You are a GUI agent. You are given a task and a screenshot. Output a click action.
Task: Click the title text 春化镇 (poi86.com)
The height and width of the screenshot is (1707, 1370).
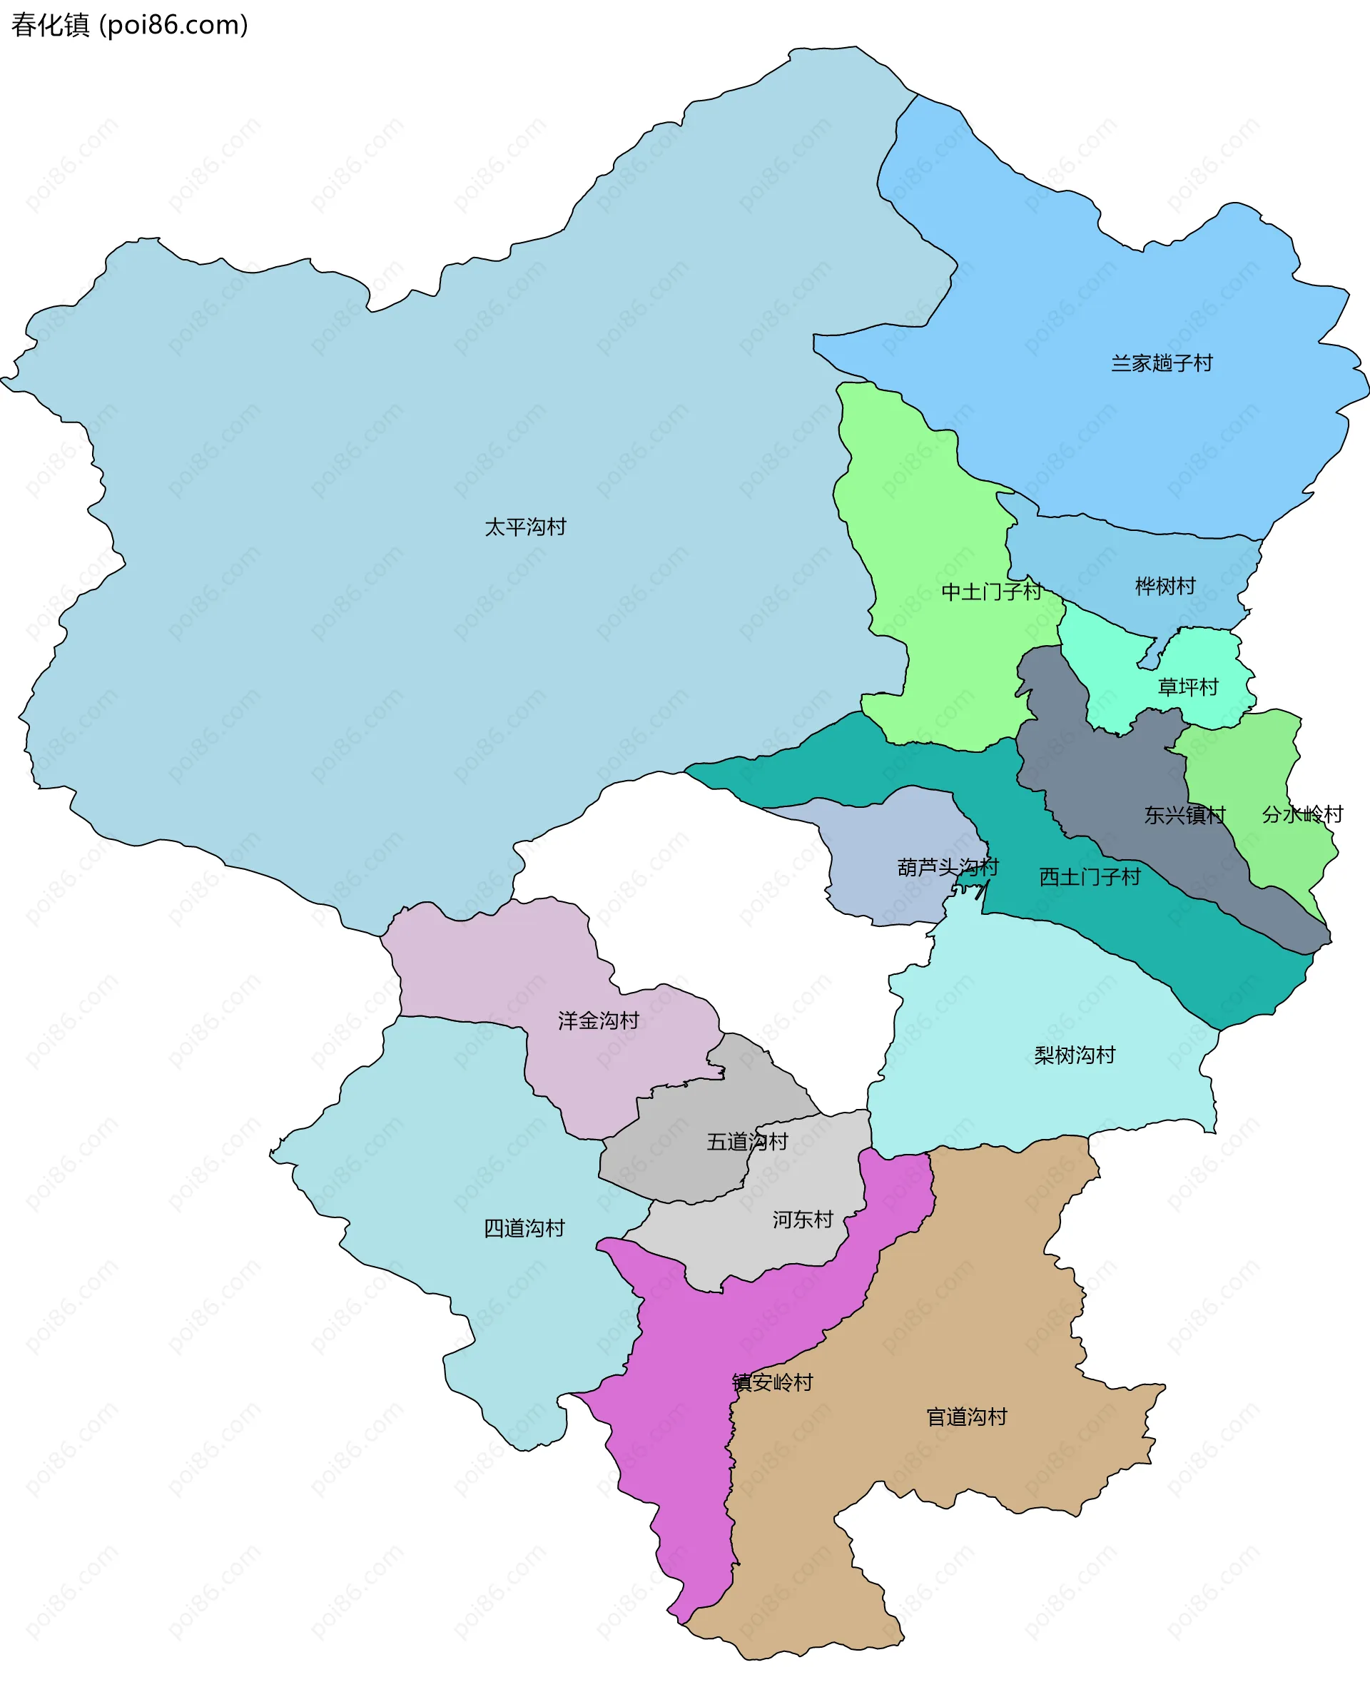(x=129, y=26)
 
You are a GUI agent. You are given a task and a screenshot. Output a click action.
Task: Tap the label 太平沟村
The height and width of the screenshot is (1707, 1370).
(x=524, y=527)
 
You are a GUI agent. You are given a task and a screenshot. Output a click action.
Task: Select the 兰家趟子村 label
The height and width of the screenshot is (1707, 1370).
(x=1161, y=363)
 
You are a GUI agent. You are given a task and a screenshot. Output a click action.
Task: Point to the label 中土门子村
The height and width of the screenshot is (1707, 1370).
(x=991, y=592)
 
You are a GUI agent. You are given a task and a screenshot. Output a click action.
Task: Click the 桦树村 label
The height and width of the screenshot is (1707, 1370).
(x=1164, y=586)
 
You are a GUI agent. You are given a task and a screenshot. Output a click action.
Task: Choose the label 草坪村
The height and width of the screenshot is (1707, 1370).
(x=1187, y=687)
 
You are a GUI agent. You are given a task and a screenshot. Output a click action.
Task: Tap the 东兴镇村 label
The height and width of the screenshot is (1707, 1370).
(x=1184, y=815)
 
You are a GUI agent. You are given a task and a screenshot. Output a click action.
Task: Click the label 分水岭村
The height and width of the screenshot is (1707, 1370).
(x=1302, y=814)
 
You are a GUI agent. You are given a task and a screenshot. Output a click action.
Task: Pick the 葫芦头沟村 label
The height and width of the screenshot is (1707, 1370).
(x=948, y=867)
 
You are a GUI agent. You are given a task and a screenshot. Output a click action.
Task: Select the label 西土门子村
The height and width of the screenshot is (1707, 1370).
(x=1089, y=876)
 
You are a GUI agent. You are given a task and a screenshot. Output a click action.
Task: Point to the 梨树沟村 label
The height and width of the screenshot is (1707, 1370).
(x=1074, y=1055)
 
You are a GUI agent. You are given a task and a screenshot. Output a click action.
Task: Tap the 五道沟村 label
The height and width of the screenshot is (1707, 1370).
(x=746, y=1142)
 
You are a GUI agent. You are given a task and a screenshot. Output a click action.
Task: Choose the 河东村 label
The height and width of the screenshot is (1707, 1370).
(x=803, y=1220)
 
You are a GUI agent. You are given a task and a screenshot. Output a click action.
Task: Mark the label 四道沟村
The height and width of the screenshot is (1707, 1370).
(x=524, y=1228)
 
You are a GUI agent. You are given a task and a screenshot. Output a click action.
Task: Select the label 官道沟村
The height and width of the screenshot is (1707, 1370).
(x=965, y=1417)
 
